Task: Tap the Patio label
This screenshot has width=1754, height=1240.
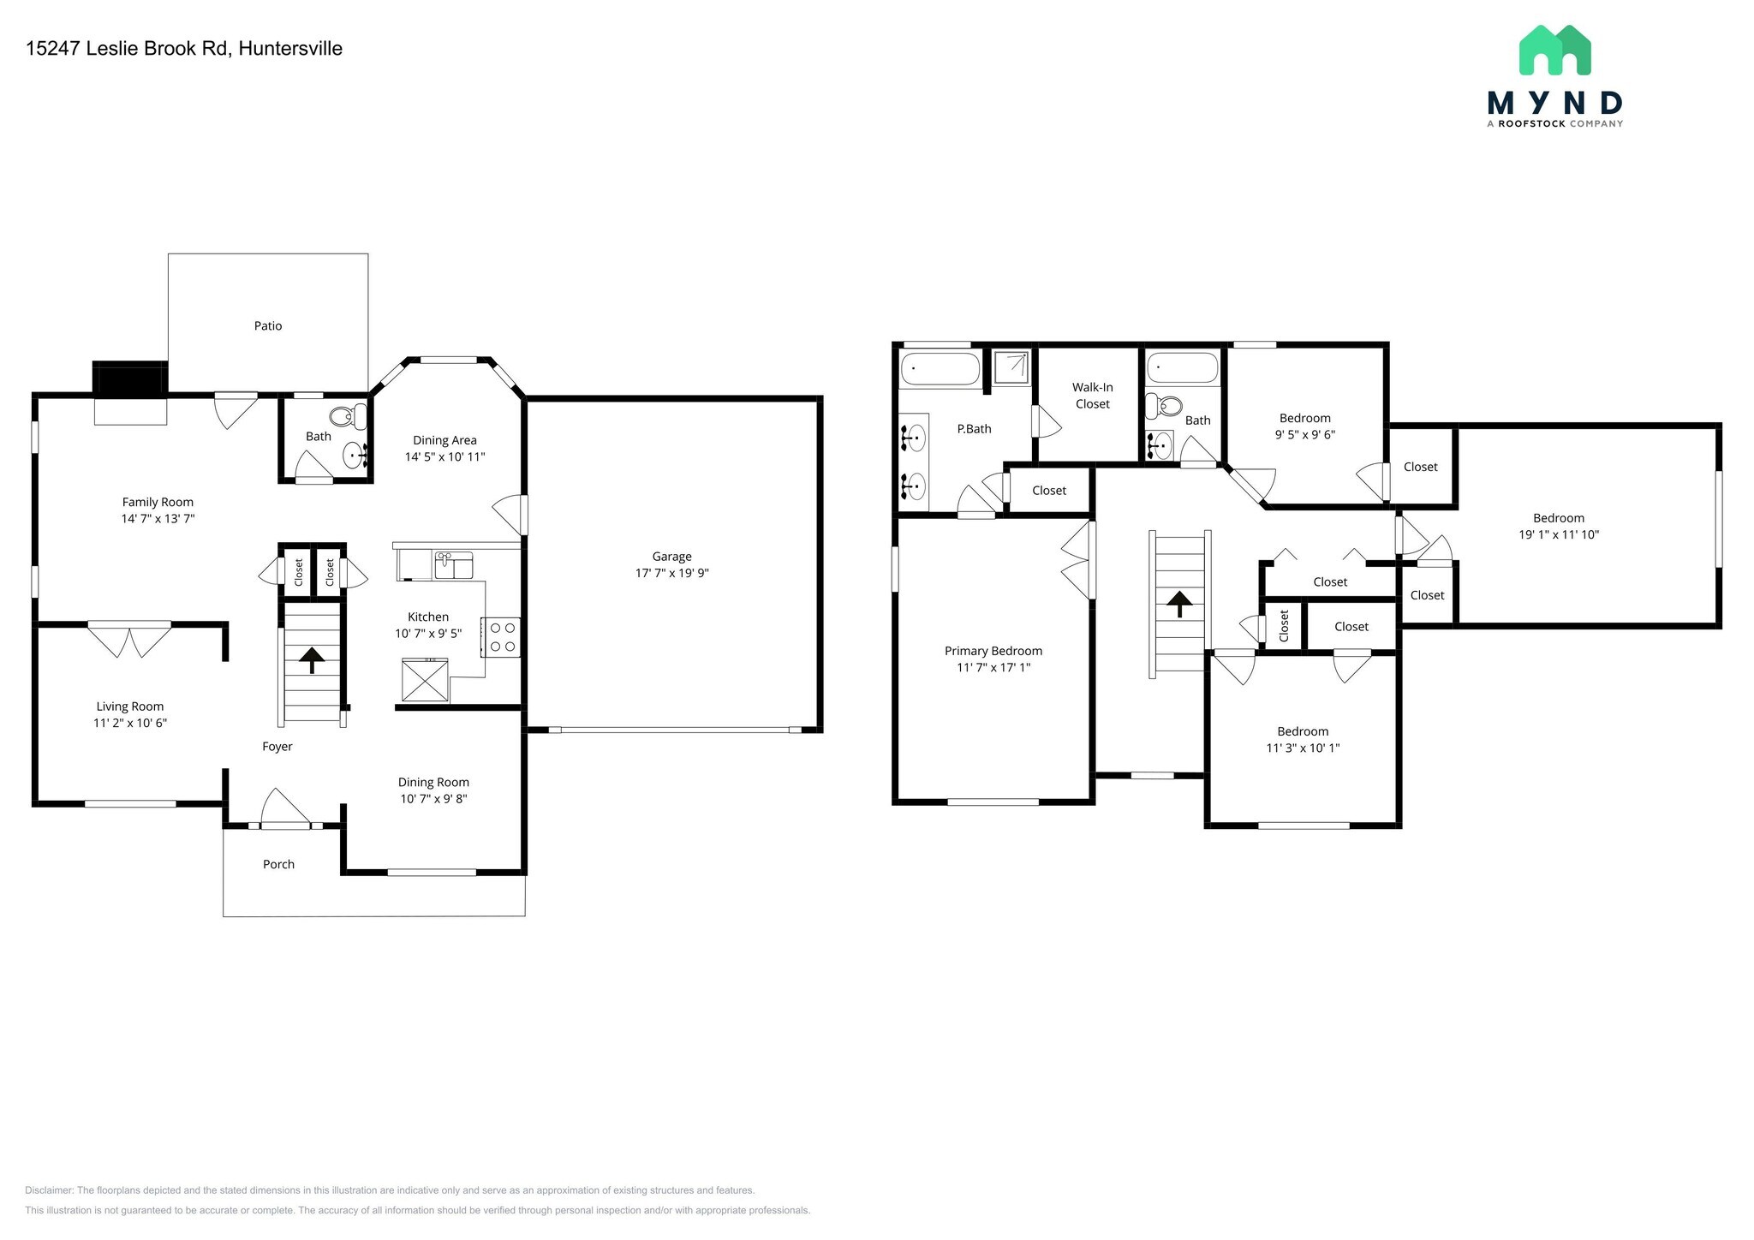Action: pos(267,325)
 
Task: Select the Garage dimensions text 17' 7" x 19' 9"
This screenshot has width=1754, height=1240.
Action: pos(671,573)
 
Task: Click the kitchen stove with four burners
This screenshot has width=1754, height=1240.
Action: pos(501,637)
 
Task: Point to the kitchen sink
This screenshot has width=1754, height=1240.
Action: pos(454,565)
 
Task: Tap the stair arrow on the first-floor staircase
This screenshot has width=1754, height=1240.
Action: pos(311,659)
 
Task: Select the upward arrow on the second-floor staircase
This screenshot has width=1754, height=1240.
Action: pos(1179,604)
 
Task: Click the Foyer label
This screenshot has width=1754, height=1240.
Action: pos(277,747)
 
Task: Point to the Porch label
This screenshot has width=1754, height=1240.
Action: pos(278,864)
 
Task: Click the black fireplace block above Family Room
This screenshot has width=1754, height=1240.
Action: pos(129,379)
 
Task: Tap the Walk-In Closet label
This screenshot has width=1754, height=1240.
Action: pos(1092,396)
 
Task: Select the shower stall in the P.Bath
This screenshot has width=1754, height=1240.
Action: pos(1011,367)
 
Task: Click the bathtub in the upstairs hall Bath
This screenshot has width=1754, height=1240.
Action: pos(1182,367)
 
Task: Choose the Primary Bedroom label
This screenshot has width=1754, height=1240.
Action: pos(993,651)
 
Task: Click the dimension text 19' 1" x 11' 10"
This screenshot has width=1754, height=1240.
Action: pos(1558,534)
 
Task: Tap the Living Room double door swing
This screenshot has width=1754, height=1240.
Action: pos(129,639)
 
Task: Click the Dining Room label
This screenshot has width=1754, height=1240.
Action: pos(433,782)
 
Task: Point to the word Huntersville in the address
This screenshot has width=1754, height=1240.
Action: pos(290,49)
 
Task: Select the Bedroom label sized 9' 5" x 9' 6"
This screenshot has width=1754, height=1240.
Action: pos(1304,418)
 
